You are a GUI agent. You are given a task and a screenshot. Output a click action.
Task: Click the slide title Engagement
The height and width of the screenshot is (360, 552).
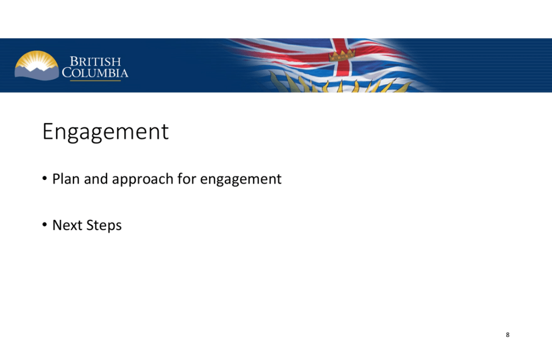(106, 132)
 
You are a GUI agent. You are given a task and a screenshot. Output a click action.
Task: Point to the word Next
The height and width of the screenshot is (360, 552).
(67, 225)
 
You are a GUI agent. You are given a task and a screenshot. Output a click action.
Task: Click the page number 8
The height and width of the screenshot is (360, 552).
(508, 335)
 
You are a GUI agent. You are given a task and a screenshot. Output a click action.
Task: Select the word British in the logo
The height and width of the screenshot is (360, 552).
(95, 61)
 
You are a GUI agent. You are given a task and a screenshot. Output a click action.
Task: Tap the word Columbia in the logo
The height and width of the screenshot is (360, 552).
(95, 73)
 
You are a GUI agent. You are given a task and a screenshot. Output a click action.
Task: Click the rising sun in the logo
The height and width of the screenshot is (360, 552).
(37, 60)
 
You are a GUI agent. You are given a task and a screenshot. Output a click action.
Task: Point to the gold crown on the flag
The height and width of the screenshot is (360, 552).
(342, 55)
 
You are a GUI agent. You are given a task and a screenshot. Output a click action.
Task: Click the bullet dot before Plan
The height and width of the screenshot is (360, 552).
(45, 178)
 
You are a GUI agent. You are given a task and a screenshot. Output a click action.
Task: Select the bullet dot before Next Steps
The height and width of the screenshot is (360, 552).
(45, 225)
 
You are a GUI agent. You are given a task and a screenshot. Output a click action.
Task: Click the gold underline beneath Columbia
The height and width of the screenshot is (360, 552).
(95, 81)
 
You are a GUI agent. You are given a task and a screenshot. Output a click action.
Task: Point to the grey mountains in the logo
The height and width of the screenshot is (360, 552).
(37, 73)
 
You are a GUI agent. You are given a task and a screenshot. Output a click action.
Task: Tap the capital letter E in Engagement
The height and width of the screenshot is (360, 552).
(48, 131)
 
